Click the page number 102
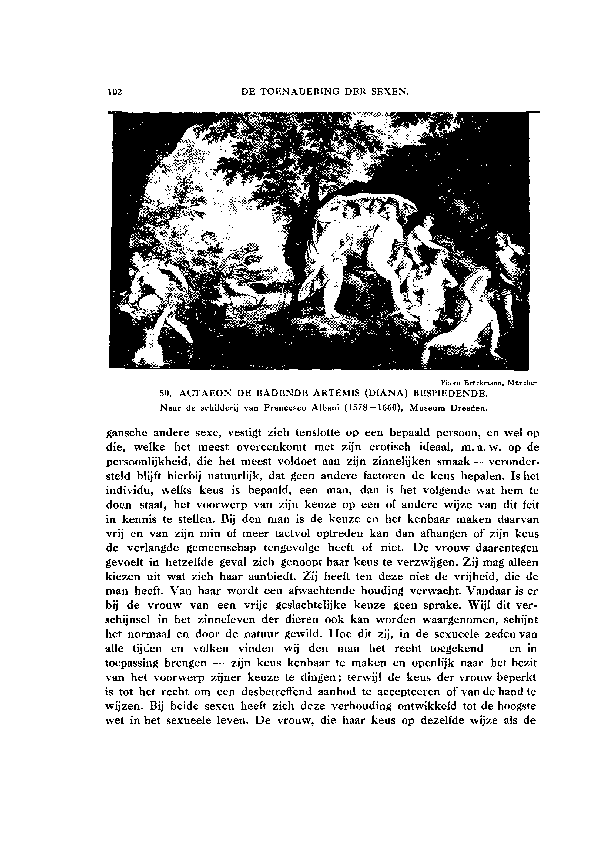coord(115,91)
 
